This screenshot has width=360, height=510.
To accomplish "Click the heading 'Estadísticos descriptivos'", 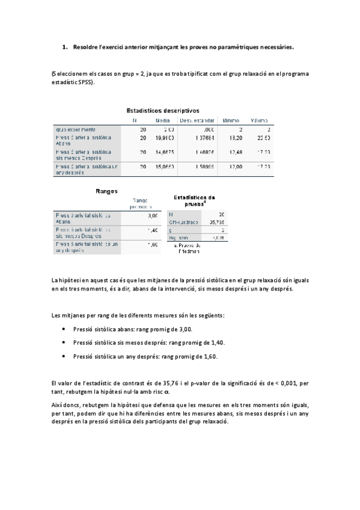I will (162, 110).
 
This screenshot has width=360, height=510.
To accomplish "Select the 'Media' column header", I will (162, 120).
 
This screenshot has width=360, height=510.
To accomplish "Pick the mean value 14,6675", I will (165, 152).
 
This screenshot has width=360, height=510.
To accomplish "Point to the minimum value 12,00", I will (232, 166).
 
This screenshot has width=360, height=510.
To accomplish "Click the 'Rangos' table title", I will (106, 191).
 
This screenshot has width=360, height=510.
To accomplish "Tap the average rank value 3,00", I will (152, 215).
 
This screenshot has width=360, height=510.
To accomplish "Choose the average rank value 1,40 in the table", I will (152, 230).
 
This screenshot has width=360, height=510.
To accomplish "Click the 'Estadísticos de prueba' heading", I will (194, 200).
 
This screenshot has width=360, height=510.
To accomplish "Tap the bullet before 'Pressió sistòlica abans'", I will (64, 330).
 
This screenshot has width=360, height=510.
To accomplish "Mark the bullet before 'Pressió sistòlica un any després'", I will (64, 356).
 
